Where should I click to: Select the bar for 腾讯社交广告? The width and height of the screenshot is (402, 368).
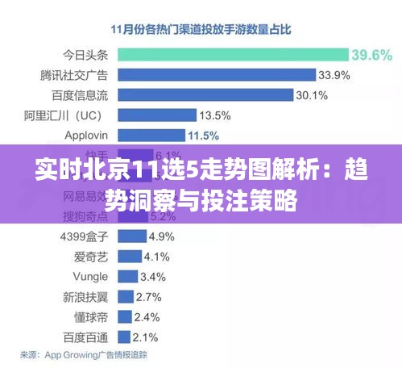217,75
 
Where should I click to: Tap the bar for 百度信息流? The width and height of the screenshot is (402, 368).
205,94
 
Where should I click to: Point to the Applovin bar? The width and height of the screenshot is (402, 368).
151,134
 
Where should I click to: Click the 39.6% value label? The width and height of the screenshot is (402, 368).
371,55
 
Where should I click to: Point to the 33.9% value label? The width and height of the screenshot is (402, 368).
334,75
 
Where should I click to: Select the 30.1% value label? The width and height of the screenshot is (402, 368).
311,94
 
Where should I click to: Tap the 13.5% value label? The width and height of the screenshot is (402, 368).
214,115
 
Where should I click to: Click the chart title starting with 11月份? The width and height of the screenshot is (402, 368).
201,29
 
